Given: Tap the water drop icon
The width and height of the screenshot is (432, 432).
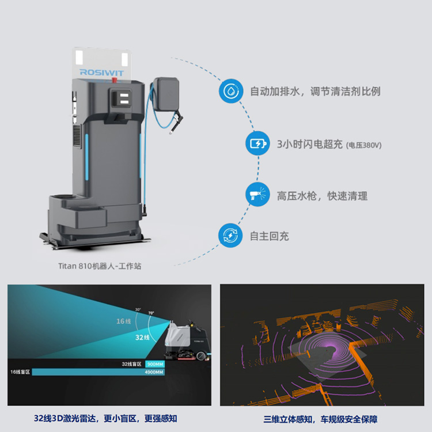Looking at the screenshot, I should (x=230, y=92).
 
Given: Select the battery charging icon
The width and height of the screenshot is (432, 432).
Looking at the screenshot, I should (x=257, y=143).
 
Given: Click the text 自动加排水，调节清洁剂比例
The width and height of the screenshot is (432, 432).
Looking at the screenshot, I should (x=314, y=92).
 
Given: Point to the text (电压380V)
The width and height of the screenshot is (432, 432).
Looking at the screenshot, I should (x=364, y=145).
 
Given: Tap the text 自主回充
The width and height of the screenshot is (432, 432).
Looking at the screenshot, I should (x=270, y=236).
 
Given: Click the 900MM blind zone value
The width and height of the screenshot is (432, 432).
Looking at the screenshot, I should (x=155, y=364).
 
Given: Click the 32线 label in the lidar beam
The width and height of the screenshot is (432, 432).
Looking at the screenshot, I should (x=143, y=336).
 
